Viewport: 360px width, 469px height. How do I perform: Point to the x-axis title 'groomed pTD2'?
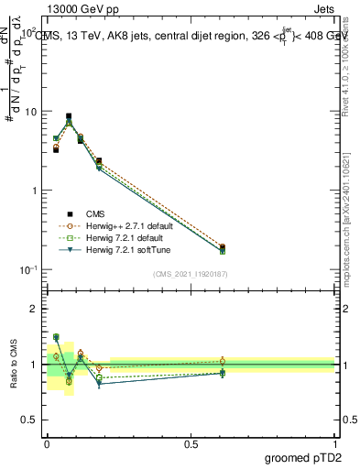coord(301,455)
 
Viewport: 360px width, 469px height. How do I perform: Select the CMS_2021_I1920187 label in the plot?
coord(190,274)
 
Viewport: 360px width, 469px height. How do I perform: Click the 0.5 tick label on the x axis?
coord(190,442)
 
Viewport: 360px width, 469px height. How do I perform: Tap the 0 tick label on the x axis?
coord(46,442)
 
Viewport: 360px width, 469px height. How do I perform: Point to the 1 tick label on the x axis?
coord(334,442)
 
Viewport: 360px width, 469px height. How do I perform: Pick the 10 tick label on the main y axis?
coord(29,112)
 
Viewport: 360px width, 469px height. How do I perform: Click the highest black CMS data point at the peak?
coord(69,116)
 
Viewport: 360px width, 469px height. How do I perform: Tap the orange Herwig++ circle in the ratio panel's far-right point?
coord(223,361)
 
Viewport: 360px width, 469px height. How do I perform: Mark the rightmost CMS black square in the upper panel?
coord(223,247)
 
